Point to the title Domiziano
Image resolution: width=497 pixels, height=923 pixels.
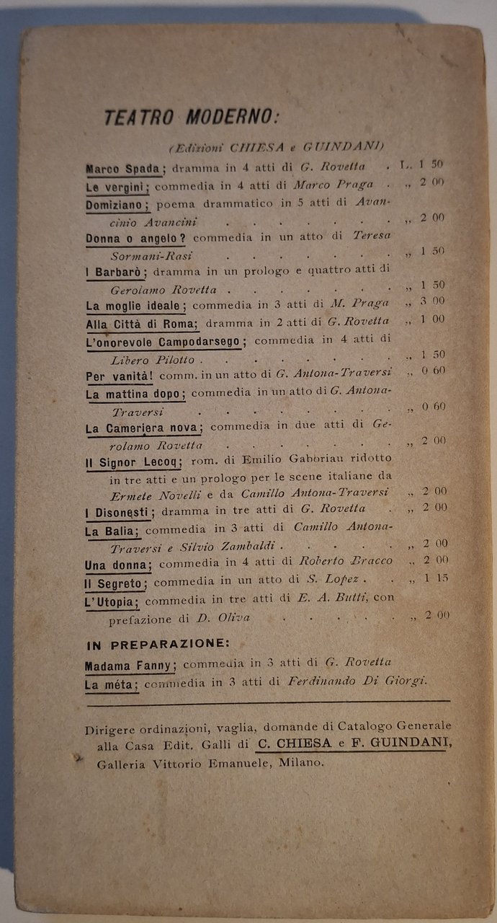[x=117, y=204]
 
